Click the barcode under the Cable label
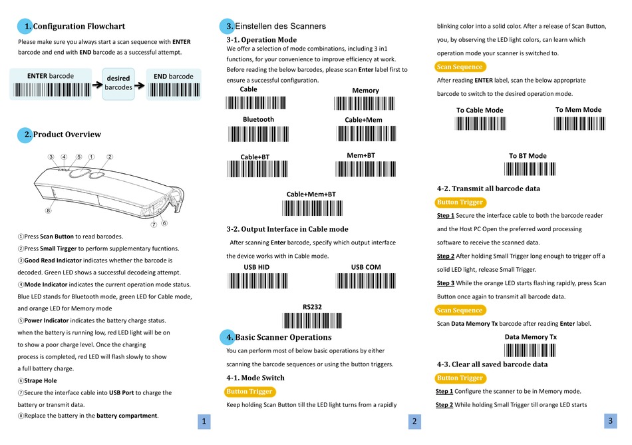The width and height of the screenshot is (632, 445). tap(248, 103)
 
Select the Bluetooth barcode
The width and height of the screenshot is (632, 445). tap(258, 133)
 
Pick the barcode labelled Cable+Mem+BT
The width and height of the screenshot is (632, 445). tap(311, 207)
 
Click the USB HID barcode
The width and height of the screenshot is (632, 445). tap(256, 280)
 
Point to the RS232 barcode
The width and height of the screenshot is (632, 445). tap(312, 320)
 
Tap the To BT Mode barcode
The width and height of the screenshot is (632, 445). tap(528, 169)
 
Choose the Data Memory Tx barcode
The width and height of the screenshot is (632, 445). tap(530, 350)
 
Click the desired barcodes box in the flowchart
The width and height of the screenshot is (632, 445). tap(118, 83)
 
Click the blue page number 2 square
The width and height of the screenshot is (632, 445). tap(414, 421)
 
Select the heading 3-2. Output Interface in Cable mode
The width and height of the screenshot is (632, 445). tap(287, 229)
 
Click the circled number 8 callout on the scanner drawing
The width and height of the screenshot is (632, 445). tap(48, 211)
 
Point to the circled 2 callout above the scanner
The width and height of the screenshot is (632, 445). tap(110, 157)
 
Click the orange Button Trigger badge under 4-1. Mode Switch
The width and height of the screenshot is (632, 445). tap(249, 392)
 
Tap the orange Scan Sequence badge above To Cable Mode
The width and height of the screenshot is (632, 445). tap(459, 67)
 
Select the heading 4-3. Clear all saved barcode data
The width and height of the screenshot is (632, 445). tap(492, 364)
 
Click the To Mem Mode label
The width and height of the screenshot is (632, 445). tap(578, 110)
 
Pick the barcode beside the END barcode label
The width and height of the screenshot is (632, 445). tap(174, 89)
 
